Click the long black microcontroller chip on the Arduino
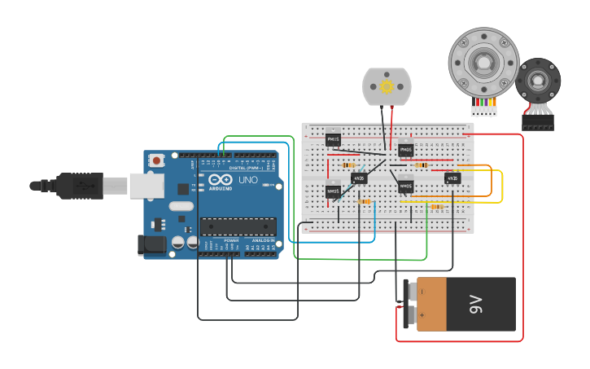[238, 226]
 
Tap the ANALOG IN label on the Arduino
[263, 241]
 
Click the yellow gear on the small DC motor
[387, 86]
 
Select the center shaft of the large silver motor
[483, 62]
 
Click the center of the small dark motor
[538, 81]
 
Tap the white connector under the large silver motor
[483, 111]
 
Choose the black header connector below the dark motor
[538, 122]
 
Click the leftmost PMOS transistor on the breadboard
[333, 140]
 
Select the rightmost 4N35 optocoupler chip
[452, 178]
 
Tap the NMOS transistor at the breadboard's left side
[333, 191]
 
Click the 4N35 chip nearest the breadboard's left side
[359, 178]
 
